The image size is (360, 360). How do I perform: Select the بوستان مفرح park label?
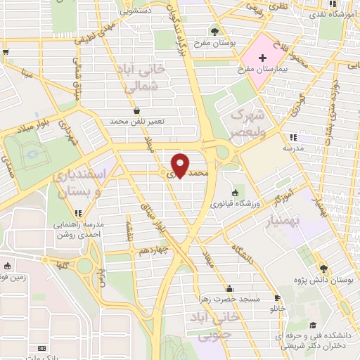pyautogui.click(x=215, y=43)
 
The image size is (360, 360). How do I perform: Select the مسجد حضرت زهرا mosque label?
pyautogui.click(x=229, y=299)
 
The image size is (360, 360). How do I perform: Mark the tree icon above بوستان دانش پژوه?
pyautogui.click(x=323, y=268)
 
